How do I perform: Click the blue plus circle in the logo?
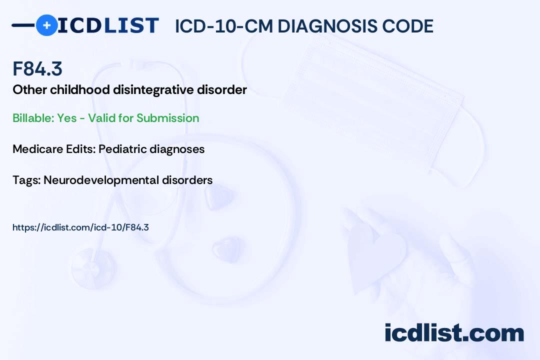pos(46,25)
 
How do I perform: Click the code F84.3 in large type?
pos(37,68)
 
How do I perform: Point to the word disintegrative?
pos(153,90)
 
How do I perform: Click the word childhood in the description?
pos(80,90)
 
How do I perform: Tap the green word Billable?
pos(33,118)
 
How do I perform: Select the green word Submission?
pos(167,118)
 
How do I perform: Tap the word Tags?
pos(26,180)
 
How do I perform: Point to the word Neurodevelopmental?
pos(101,180)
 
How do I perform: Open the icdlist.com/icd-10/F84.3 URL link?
pos(80,227)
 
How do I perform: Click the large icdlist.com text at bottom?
pos(454,333)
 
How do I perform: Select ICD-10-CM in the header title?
pos(224,26)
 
